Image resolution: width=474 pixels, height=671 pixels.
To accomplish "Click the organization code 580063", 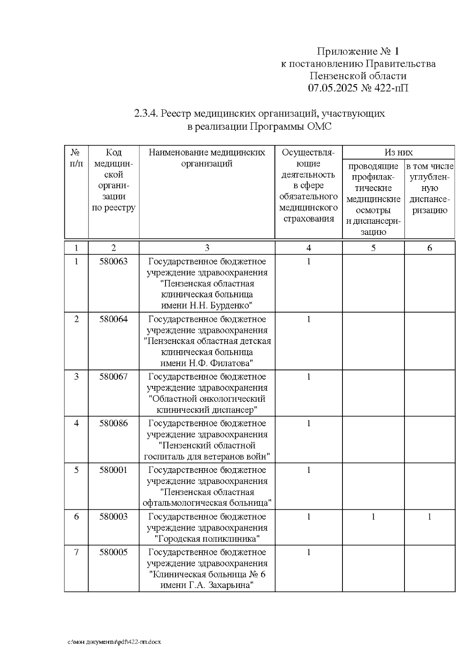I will pos(113,261).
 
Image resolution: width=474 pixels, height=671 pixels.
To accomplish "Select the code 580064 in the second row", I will pos(113,319).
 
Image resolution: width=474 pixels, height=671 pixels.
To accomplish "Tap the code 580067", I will pos(113,376).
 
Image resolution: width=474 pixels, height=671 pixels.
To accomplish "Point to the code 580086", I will pos(113,423).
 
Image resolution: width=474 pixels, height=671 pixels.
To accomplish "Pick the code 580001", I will pos(113,470).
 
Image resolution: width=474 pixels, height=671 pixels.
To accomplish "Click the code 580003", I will pos(113,516).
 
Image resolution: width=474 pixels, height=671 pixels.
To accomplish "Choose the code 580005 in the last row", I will pos(113,552).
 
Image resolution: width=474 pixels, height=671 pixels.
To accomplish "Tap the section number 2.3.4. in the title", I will pos(146,114).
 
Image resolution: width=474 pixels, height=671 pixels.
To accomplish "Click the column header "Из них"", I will pos(398,152).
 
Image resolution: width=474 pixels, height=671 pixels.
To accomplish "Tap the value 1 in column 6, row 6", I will pos(429,516).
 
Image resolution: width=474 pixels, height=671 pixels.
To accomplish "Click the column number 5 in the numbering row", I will pos(373,248).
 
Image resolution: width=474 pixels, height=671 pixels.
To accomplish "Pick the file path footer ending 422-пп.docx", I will pos(114,642).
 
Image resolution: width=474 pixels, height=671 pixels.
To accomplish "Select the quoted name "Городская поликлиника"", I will pos(207,539).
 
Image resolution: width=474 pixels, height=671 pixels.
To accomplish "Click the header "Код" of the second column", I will pos(114,153).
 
